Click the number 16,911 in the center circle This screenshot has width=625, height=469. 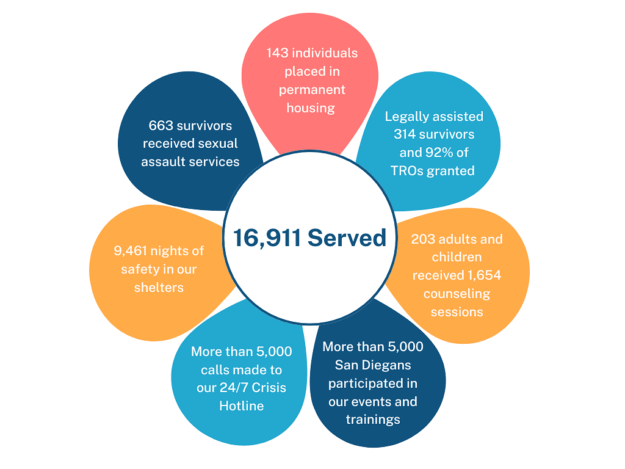[267, 238]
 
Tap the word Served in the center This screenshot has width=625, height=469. [347, 238]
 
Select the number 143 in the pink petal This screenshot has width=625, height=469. [278, 53]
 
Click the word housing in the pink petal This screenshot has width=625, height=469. [311, 108]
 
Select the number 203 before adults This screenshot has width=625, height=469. [424, 239]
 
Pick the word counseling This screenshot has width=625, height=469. [457, 294]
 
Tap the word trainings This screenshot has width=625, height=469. [373, 420]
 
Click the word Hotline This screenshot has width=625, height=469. [242, 405]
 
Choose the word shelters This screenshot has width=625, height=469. [159, 288]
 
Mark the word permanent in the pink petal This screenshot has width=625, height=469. [312, 90]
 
